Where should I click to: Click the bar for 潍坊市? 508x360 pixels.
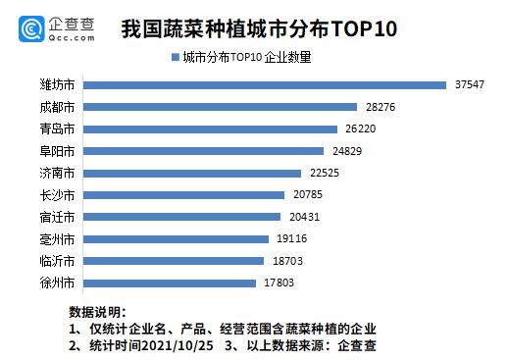(265, 84)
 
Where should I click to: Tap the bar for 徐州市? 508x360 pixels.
(172, 283)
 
